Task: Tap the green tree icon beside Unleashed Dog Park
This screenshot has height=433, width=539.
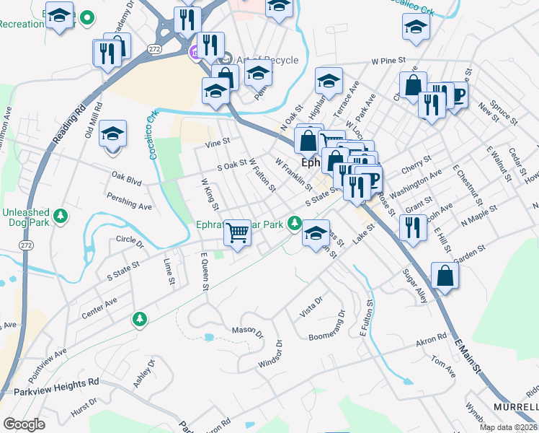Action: [61, 214]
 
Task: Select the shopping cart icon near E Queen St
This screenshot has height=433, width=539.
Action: [237, 232]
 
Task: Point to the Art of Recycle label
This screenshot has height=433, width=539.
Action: [266, 60]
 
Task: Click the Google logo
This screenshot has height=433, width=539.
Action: [24, 424]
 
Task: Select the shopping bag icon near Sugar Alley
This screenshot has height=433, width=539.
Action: [445, 276]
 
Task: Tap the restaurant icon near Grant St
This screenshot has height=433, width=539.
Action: [413, 229]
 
